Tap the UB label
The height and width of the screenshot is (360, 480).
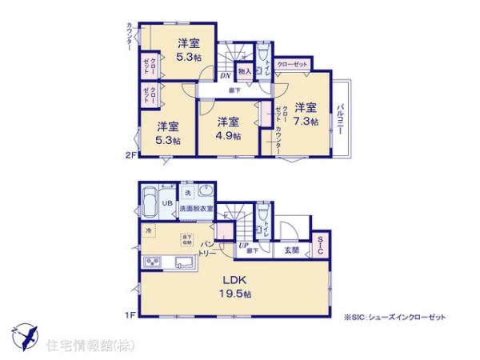coord(168,203)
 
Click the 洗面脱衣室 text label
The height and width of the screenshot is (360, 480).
coord(195,210)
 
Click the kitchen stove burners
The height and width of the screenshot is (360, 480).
coord(153,262)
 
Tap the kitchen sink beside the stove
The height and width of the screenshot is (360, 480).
coord(186,262)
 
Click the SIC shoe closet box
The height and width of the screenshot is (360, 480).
coord(320,246)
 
